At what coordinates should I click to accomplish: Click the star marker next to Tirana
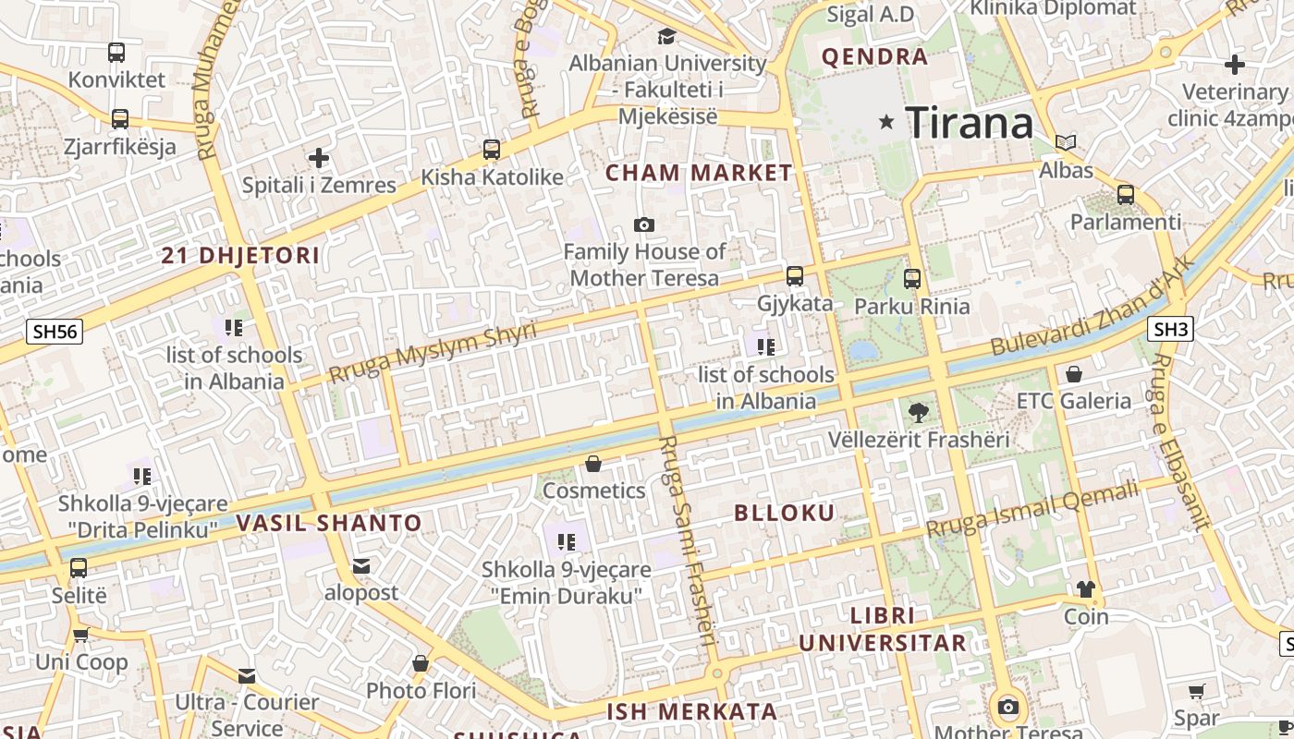pos(887,121)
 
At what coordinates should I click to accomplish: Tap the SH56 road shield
pos(55,332)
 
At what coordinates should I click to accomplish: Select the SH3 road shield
pos(1171,328)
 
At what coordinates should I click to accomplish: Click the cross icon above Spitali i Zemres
pos(319,158)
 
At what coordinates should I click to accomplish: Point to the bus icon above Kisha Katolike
pos(492,149)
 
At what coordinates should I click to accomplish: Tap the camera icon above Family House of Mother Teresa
pos(644,224)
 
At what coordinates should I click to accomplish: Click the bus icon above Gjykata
pos(795,275)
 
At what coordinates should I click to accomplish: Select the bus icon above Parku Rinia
pos(912,278)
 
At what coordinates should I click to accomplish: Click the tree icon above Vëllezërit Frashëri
pos(918,412)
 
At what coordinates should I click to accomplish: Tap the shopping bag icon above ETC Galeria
pos(1074,374)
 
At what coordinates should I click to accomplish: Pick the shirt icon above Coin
pos(1086,589)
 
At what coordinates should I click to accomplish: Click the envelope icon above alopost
pos(360,565)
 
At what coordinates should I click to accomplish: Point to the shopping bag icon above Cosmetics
pos(593,463)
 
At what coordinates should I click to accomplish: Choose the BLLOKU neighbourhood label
pos(784,513)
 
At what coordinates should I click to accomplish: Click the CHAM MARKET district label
pos(699,173)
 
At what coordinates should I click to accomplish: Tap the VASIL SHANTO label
pos(329,523)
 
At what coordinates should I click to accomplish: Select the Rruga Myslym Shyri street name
pos(433,352)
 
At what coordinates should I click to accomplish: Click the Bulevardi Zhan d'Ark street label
pos(1093,306)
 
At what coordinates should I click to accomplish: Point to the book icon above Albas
pos(1066,142)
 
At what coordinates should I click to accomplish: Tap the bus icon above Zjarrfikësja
pos(119,119)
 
